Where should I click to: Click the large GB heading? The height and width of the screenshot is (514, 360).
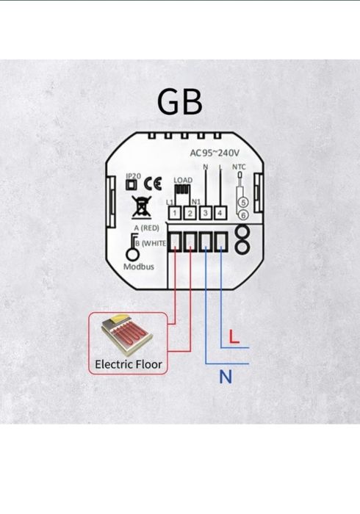180,103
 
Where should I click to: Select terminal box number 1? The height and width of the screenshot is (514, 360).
176,213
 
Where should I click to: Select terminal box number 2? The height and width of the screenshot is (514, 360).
190,213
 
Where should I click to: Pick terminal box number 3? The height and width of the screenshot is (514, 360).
206,213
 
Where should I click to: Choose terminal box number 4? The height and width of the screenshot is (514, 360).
220,213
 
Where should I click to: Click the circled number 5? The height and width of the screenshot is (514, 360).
243,205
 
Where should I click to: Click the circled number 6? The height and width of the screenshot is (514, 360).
243,215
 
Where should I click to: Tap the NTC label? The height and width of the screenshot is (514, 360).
239,167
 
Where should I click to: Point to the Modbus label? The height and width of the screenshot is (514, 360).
138,267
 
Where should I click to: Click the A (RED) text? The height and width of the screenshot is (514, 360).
145,228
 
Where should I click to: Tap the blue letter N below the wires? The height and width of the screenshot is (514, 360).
226,377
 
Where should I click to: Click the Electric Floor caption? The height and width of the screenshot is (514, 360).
129,363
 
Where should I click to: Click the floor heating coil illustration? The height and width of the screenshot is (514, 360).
129,336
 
